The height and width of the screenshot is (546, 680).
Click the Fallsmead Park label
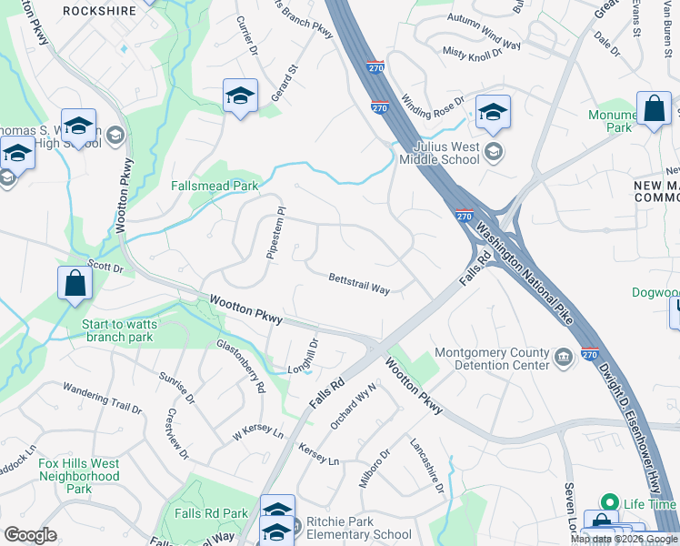[x=215, y=187]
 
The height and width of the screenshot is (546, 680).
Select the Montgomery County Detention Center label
[x=492, y=359]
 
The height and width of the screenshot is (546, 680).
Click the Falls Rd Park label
[x=211, y=514]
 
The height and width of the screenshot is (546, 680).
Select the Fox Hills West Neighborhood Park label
[x=79, y=476]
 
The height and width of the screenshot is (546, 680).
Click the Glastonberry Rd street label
[x=241, y=366]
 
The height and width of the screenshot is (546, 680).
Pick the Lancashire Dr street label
[x=426, y=468]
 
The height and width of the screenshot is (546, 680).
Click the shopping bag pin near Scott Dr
[x=75, y=283]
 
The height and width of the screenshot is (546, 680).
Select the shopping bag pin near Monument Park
[x=654, y=109]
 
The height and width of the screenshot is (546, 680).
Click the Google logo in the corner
[x=30, y=535]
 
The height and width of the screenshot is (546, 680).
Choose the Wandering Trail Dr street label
[x=103, y=399]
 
